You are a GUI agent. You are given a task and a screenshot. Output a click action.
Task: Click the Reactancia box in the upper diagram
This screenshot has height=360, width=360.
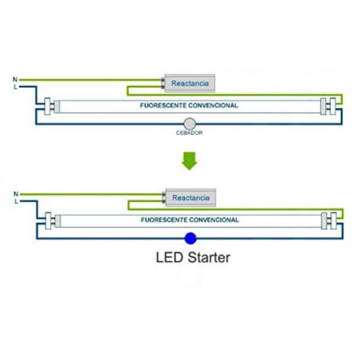190,83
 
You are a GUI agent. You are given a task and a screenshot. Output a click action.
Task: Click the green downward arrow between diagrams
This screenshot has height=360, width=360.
189,161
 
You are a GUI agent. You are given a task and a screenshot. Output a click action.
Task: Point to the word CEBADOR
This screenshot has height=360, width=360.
189,133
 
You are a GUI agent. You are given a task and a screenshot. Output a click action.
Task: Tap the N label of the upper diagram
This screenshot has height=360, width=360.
15,80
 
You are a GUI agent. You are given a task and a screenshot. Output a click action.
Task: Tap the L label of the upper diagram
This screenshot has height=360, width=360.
15,86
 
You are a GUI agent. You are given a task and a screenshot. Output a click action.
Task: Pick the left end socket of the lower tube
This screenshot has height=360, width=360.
48,220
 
